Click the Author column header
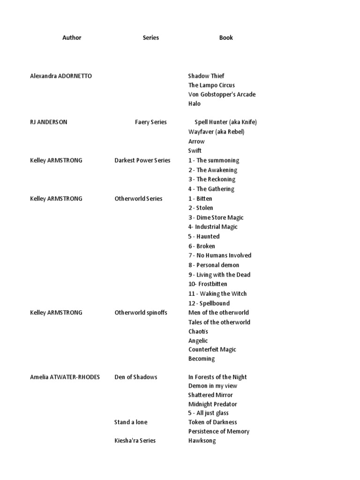click(72, 37)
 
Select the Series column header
click(150, 37)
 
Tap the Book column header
click(226, 37)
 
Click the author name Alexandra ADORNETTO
click(61, 76)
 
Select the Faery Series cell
click(151, 122)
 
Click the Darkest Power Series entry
click(142, 160)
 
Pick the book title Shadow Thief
click(206, 76)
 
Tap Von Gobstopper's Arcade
click(222, 95)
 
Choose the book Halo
click(195, 104)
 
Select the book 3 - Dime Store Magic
click(216, 217)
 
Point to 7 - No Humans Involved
click(220, 255)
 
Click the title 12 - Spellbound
click(209, 303)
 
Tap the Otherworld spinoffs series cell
click(141, 313)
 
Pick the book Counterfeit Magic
click(212, 350)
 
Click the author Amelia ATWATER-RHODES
click(65, 377)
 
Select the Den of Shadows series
click(136, 377)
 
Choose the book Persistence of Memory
click(219, 431)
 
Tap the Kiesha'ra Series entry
click(135, 441)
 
